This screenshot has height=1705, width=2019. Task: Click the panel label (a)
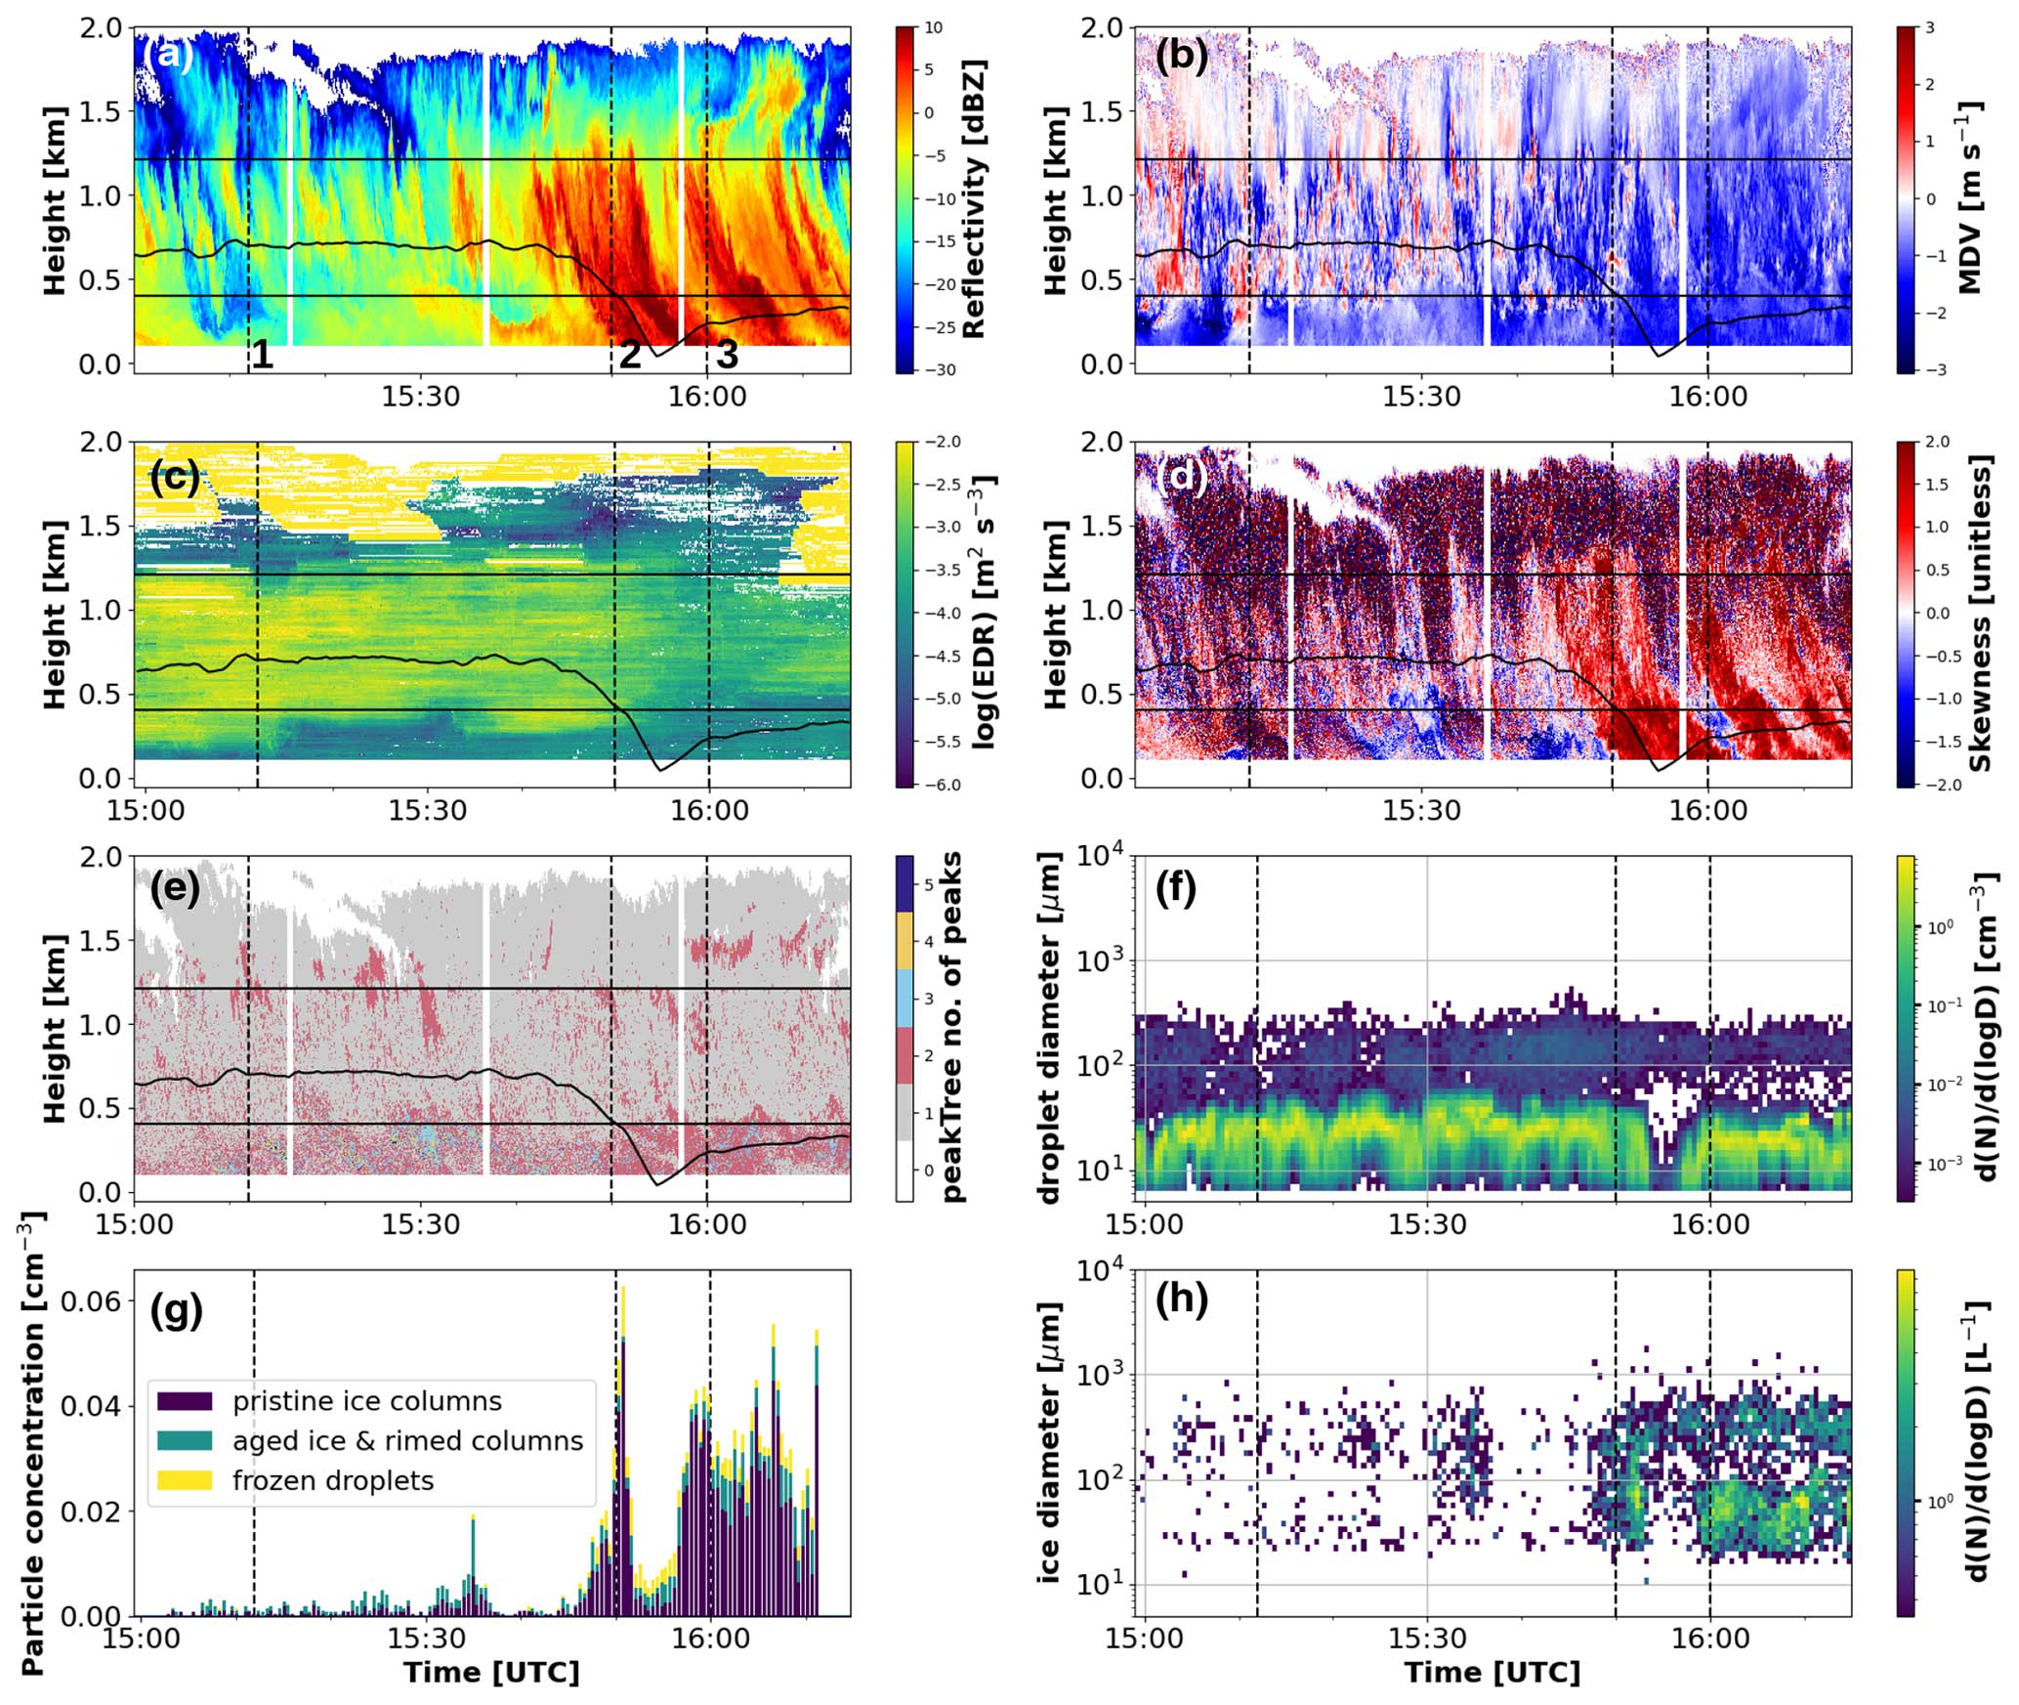click(168, 55)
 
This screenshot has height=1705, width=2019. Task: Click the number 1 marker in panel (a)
click(262, 355)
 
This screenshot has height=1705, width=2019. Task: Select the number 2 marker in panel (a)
click(630, 355)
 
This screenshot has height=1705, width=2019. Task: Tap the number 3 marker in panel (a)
click(727, 355)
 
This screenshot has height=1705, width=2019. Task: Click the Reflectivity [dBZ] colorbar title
click(974, 199)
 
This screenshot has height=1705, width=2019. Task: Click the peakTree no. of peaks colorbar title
click(951, 1027)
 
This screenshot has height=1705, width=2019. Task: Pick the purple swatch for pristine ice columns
click(184, 1401)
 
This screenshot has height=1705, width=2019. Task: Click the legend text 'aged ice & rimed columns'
click(407, 1441)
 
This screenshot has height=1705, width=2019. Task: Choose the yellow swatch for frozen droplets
click(184, 1480)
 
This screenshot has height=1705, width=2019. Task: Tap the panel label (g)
click(176, 1310)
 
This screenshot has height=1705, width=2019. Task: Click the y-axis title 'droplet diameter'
click(1050, 1027)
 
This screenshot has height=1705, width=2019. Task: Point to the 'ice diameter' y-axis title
click(1050, 1442)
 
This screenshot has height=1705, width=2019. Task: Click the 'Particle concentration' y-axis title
click(32, 1443)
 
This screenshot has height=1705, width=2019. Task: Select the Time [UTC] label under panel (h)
click(1492, 1673)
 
